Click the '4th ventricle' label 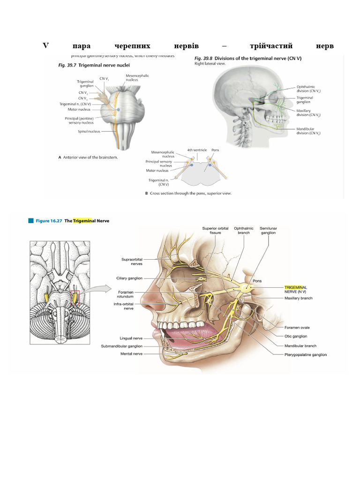click(x=196, y=150)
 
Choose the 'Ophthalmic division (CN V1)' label click(x=308, y=89)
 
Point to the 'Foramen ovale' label click(x=297, y=327)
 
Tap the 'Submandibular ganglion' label click(x=121, y=346)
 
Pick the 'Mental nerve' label click(x=131, y=354)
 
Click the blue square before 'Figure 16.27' click(x=31, y=221)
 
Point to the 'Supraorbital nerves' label click(x=132, y=261)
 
